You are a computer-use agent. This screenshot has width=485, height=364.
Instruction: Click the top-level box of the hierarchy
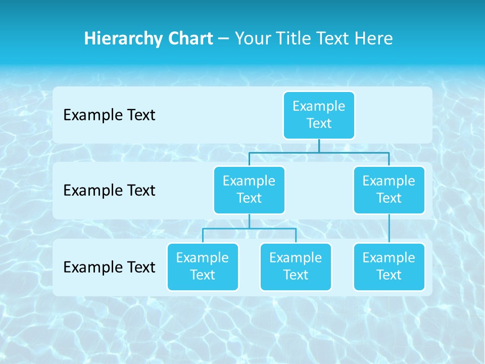tap(319, 115)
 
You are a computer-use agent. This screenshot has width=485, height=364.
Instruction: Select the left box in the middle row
tap(249, 190)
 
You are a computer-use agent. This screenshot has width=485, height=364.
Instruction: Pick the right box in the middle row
tap(389, 190)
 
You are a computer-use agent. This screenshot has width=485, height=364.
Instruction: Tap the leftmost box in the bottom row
tap(203, 266)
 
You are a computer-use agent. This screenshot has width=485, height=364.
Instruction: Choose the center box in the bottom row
tap(296, 266)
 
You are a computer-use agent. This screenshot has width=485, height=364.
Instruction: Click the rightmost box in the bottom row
tap(389, 266)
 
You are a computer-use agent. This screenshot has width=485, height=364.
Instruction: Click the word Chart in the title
tap(188, 38)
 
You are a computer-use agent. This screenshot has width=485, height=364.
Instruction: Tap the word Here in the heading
tap(374, 38)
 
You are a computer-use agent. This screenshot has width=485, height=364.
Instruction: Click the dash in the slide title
tap(224, 39)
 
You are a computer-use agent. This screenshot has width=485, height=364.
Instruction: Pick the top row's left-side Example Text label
tap(109, 115)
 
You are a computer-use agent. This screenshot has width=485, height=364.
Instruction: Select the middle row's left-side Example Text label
tap(109, 190)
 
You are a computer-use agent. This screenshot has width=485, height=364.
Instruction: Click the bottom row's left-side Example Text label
tap(109, 267)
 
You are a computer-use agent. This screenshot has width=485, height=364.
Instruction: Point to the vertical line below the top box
tap(319, 146)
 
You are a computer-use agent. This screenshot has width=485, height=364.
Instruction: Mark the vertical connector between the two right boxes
tap(389, 229)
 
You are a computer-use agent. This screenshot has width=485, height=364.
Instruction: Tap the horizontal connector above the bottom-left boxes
tap(249, 229)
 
